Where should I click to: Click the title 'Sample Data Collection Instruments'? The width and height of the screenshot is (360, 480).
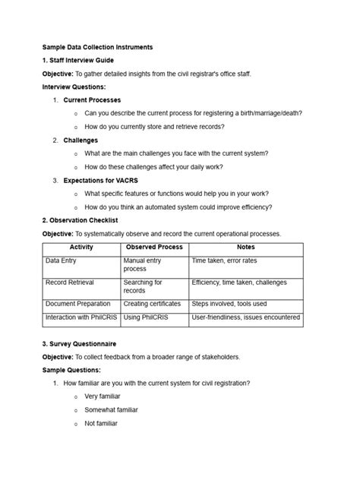[97, 47]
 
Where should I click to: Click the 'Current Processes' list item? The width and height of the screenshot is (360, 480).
[92, 100]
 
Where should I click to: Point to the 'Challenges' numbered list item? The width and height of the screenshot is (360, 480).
[81, 141]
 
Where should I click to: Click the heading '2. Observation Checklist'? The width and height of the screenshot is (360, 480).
[80, 220]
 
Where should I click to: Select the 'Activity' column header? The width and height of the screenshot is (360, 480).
[81, 248]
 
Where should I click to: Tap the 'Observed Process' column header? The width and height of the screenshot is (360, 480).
[154, 248]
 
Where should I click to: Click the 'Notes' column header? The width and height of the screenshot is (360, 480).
[246, 248]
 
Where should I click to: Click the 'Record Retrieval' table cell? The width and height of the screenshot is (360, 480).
[70, 283]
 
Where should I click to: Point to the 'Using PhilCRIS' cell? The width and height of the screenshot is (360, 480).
[147, 317]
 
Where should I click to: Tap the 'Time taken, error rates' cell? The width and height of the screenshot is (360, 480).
[224, 261]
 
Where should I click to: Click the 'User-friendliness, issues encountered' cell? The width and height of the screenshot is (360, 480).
[246, 317]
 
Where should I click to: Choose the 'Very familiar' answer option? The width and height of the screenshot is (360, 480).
[103, 396]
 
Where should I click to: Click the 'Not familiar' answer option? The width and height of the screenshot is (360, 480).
[101, 423]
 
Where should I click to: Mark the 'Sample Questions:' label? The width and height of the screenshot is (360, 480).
[71, 370]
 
